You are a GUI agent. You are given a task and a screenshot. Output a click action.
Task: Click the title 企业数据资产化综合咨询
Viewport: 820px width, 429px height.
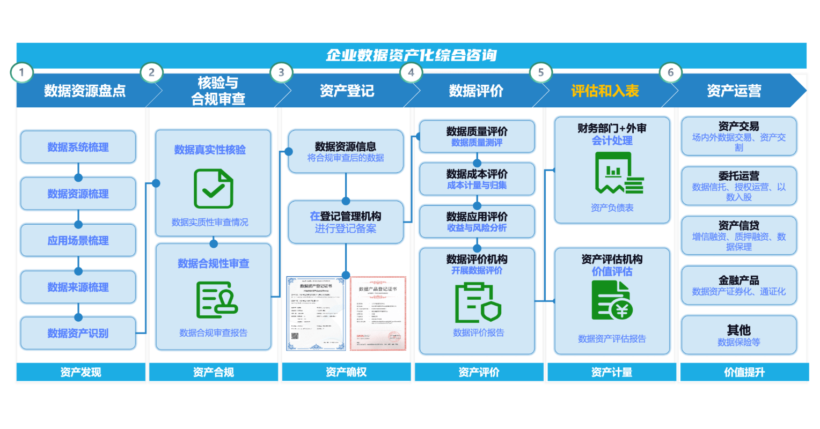coord(411,55)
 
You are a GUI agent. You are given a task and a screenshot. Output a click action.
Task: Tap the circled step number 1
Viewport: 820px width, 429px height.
coord(21,72)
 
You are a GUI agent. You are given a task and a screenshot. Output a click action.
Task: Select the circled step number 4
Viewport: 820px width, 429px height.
coord(411,72)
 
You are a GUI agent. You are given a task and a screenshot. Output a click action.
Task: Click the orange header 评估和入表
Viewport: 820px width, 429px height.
coord(605,91)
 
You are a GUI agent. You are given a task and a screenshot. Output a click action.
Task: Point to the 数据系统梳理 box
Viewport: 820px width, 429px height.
coord(78,147)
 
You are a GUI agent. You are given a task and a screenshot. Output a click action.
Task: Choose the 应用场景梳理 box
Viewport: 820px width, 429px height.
coord(78,241)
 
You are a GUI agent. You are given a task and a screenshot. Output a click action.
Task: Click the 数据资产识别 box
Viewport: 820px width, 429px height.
coord(78,333)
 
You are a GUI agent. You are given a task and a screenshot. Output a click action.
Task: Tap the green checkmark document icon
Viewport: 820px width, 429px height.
coord(213,189)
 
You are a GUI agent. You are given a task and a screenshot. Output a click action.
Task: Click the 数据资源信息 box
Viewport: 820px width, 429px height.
coord(346,151)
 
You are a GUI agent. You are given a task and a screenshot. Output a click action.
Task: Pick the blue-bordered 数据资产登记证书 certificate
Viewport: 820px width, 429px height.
coord(316,314)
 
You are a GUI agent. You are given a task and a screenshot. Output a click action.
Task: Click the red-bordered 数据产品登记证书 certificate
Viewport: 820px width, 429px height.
coord(378,314)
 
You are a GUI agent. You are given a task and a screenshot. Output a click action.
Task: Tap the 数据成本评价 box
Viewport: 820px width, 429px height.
coord(477,179)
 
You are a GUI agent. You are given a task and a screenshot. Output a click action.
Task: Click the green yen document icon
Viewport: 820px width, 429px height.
coord(612,300)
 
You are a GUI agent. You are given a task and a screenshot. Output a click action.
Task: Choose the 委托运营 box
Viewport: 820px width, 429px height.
coord(738,186)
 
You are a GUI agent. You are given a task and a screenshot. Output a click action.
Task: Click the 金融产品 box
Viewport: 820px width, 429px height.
coord(738,286)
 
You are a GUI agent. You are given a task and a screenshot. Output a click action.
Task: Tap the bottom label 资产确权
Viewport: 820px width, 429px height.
coord(346,372)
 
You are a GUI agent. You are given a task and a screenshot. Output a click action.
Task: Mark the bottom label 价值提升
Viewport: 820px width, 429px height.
coord(744,372)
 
